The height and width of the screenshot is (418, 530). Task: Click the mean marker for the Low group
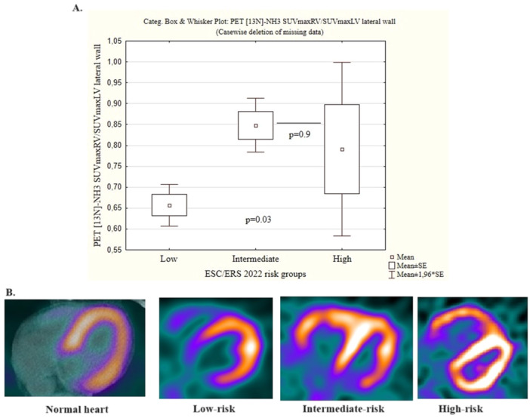pyautogui.click(x=170, y=205)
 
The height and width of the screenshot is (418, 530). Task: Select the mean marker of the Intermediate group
pyautogui.click(x=256, y=126)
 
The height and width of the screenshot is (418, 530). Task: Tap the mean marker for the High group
pyautogui.click(x=342, y=149)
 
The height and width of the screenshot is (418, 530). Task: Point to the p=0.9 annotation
pyautogui.click(x=300, y=134)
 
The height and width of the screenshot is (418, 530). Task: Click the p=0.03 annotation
pyautogui.click(x=258, y=220)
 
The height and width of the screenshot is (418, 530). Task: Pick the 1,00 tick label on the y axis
pyautogui.click(x=115, y=62)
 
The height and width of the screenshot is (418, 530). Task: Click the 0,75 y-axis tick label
pyautogui.click(x=115, y=166)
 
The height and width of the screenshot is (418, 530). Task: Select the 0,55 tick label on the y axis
pyautogui.click(x=115, y=250)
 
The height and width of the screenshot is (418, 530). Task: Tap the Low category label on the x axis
pyautogui.click(x=168, y=259)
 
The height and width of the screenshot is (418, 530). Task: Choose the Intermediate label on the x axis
pyautogui.click(x=255, y=259)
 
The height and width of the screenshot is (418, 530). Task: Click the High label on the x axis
pyautogui.click(x=342, y=260)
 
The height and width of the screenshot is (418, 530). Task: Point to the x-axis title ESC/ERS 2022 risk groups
pyautogui.click(x=255, y=274)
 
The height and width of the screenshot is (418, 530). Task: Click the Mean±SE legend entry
pyautogui.click(x=408, y=266)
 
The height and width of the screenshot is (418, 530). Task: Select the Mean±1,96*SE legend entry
pyautogui.click(x=416, y=275)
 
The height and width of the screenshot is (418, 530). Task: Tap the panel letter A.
pyautogui.click(x=78, y=8)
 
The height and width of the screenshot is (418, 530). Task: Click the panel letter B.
pyautogui.click(x=10, y=292)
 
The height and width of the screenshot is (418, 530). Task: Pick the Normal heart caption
pyautogui.click(x=77, y=410)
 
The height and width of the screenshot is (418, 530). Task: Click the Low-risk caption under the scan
pyautogui.click(x=214, y=409)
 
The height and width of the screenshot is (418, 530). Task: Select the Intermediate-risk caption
pyautogui.click(x=344, y=409)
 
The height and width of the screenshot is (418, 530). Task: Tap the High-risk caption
pyautogui.click(x=461, y=409)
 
